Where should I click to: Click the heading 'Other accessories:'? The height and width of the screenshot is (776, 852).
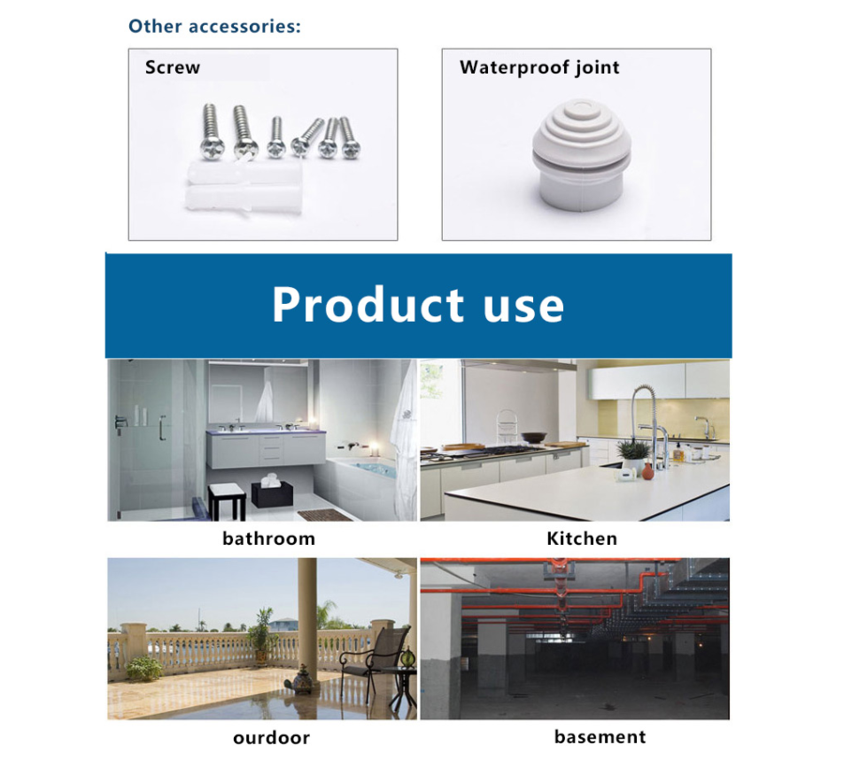[214, 26]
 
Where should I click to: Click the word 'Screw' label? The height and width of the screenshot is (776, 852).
[173, 67]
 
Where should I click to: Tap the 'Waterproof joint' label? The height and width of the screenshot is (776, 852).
[539, 67]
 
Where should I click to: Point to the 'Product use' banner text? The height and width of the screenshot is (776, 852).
[418, 305]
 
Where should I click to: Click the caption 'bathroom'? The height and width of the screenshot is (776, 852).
[268, 539]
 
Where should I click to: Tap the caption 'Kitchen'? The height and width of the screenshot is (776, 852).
[582, 539]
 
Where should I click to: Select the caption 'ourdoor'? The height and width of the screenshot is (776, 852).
[271, 738]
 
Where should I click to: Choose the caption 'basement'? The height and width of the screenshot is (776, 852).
[600, 737]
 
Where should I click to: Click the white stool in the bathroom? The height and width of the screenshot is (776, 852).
[228, 501]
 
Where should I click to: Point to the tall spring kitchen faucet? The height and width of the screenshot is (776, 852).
[647, 416]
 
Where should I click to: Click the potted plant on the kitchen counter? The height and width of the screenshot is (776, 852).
[632, 453]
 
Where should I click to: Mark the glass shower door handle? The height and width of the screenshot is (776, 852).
[162, 429]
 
